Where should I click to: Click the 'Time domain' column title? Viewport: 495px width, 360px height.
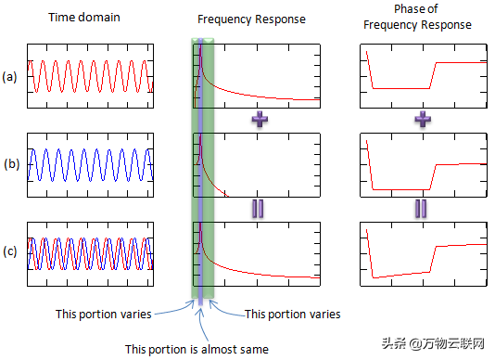(x=84, y=17)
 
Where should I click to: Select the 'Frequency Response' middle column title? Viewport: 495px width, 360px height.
(x=251, y=19)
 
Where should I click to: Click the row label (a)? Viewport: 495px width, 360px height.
(x=9, y=77)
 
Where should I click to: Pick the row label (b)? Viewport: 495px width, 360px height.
(x=12, y=164)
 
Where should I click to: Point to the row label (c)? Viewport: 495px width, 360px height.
(x=10, y=251)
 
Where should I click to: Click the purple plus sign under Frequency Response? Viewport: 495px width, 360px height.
(x=260, y=119)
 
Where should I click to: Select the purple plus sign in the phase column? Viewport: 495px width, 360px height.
(x=423, y=119)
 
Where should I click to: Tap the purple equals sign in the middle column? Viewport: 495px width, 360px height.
(x=258, y=209)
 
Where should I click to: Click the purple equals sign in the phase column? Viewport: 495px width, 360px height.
(x=421, y=209)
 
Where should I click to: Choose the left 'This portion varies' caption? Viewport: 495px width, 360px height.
(x=104, y=315)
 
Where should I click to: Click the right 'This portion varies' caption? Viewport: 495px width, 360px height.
(x=293, y=315)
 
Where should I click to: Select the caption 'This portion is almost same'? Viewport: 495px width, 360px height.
(x=197, y=350)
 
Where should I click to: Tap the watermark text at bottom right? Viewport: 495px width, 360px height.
(x=433, y=343)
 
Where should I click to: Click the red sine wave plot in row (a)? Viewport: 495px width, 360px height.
(x=90, y=76)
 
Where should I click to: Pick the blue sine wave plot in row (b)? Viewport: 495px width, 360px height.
(x=90, y=165)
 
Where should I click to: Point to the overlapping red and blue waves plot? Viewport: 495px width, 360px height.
(x=90, y=254)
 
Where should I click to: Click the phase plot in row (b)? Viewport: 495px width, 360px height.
(x=424, y=165)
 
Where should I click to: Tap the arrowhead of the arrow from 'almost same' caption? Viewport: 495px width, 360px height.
(x=200, y=311)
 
